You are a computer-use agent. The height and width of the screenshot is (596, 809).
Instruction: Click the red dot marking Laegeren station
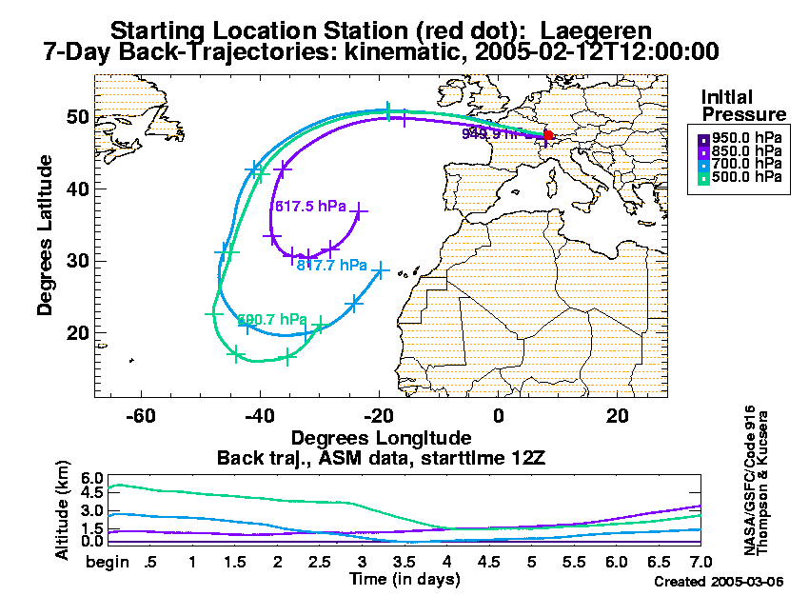tap(548, 135)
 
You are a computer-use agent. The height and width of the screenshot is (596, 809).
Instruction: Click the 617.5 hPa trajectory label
tap(308, 206)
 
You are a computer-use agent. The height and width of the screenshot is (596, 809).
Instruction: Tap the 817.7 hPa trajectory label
tap(332, 265)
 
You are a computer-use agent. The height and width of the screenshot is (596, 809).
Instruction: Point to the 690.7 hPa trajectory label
tap(272, 319)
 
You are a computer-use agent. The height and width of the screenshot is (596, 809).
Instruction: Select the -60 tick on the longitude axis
tap(142, 415)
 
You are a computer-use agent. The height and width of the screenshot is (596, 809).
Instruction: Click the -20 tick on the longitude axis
tap(380, 415)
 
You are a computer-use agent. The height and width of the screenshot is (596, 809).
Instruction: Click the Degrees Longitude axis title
tap(381, 439)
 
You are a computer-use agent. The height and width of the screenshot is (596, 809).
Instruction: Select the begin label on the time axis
tap(108, 563)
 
